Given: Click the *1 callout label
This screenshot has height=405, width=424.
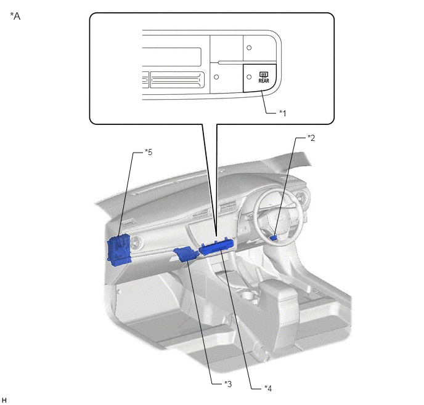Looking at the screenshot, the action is point(283,113).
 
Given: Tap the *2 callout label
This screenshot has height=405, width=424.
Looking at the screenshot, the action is point(311,138).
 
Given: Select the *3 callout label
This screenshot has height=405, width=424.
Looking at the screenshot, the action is point(228,383).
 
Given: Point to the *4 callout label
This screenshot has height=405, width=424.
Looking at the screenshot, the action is point(268,388).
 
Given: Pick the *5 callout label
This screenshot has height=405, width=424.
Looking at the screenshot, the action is point(149,152).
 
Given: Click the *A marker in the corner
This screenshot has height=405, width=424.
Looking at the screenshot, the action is point(15,16).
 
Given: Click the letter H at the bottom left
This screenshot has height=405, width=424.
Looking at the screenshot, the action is point(4,400).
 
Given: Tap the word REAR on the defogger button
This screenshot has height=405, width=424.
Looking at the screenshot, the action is point(264,81).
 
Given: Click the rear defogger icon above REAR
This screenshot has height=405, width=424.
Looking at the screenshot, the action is point(264,74).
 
